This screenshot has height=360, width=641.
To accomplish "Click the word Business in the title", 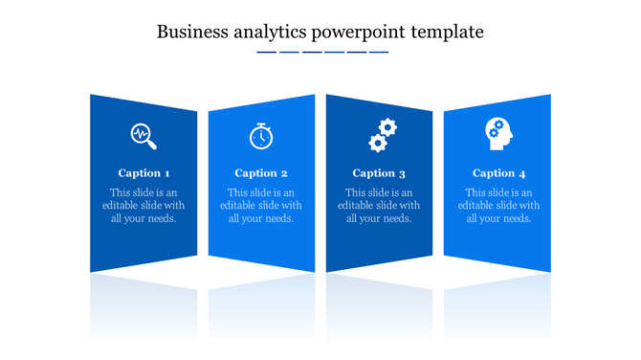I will [x=190, y=32].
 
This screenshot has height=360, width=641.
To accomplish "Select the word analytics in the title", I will [x=268, y=33].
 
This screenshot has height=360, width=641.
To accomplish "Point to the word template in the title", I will [x=447, y=32].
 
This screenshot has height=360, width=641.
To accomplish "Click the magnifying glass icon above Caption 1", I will [x=144, y=136].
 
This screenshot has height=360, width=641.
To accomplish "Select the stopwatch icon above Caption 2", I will [x=260, y=136].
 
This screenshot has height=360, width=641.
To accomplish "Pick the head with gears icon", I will [x=498, y=134].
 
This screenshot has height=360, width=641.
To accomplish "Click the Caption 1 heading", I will [x=144, y=173].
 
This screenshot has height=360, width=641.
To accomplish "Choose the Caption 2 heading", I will [x=261, y=173].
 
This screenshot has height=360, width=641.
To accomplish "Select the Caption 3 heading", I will [x=379, y=173].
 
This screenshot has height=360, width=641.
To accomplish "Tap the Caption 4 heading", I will [x=499, y=173].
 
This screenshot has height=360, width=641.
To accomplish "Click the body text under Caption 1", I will [x=144, y=206].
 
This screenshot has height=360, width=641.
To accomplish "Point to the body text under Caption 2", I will [x=261, y=206].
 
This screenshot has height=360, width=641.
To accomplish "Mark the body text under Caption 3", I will [x=379, y=206].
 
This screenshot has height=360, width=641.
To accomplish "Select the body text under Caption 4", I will [x=498, y=206].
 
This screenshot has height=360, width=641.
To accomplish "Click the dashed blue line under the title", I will [x=322, y=53].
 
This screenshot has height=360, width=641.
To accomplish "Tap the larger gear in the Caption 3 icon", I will [x=387, y=126].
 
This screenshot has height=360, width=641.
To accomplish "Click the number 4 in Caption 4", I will [x=522, y=173].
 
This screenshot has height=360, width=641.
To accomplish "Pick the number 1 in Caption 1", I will [x=167, y=173].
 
